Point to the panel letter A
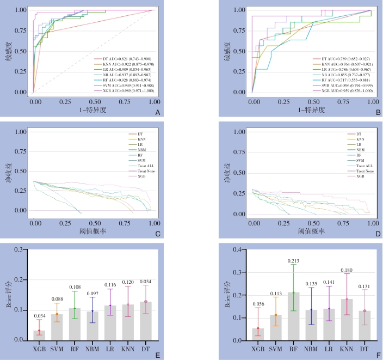[x=157, y=113]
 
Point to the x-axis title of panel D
[x=312, y=231]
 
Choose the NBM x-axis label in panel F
[x=311, y=348]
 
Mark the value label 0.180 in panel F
[x=347, y=270]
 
